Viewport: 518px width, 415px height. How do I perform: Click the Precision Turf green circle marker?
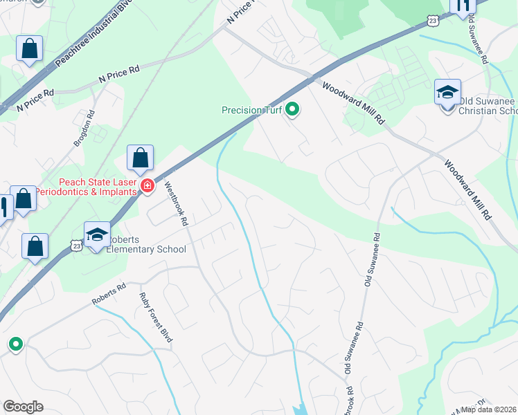(x=292, y=109)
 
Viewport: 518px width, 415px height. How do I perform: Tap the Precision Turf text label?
(x=251, y=110)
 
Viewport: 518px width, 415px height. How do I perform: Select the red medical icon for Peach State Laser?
(x=147, y=185)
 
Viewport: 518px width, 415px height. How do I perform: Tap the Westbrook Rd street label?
(x=176, y=204)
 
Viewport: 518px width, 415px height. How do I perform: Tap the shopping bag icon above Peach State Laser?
(x=141, y=158)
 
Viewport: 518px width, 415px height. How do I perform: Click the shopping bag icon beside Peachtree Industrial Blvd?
(x=30, y=49)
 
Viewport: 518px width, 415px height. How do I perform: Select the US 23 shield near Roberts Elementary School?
(x=75, y=244)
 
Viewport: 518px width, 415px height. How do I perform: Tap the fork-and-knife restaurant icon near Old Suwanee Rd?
(x=462, y=6)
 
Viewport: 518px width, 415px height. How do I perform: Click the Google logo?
(x=23, y=407)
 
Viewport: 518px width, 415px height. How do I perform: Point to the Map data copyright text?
(x=489, y=409)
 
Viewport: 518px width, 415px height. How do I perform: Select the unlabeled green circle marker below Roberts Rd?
(x=15, y=343)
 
